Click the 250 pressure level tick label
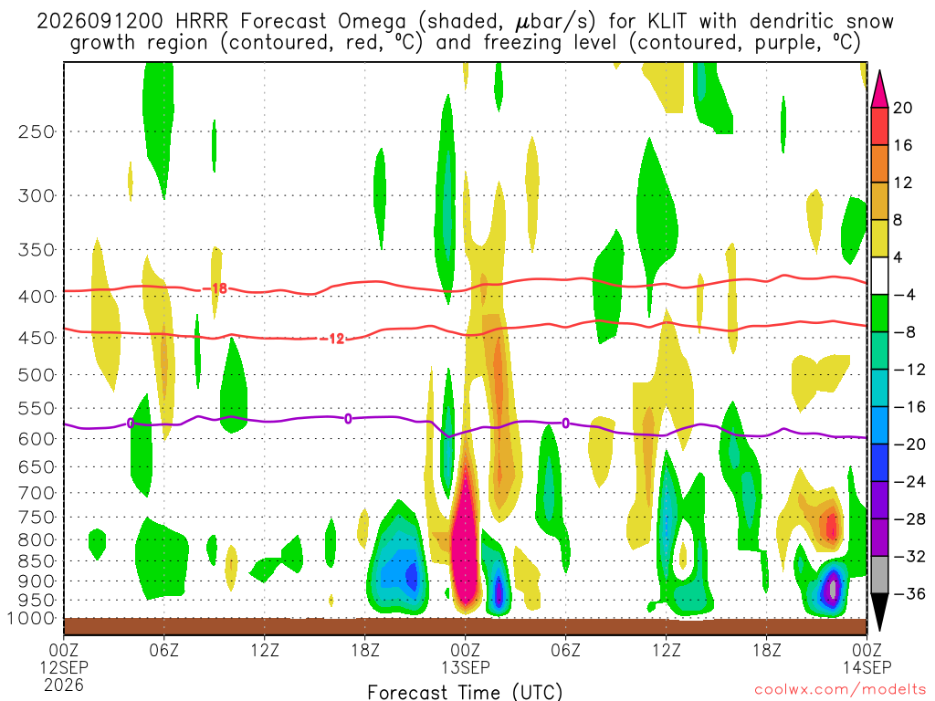pos(37,131)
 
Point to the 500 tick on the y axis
pos(37,375)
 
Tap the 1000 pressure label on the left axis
pos(31,619)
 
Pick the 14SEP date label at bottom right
pos(867,667)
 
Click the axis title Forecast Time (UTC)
pos(465,692)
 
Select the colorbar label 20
pos(902,108)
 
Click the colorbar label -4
pos(905,295)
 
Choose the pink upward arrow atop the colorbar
pos(879,89)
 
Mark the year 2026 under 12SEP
pos(64,685)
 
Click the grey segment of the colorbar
pos(879,575)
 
